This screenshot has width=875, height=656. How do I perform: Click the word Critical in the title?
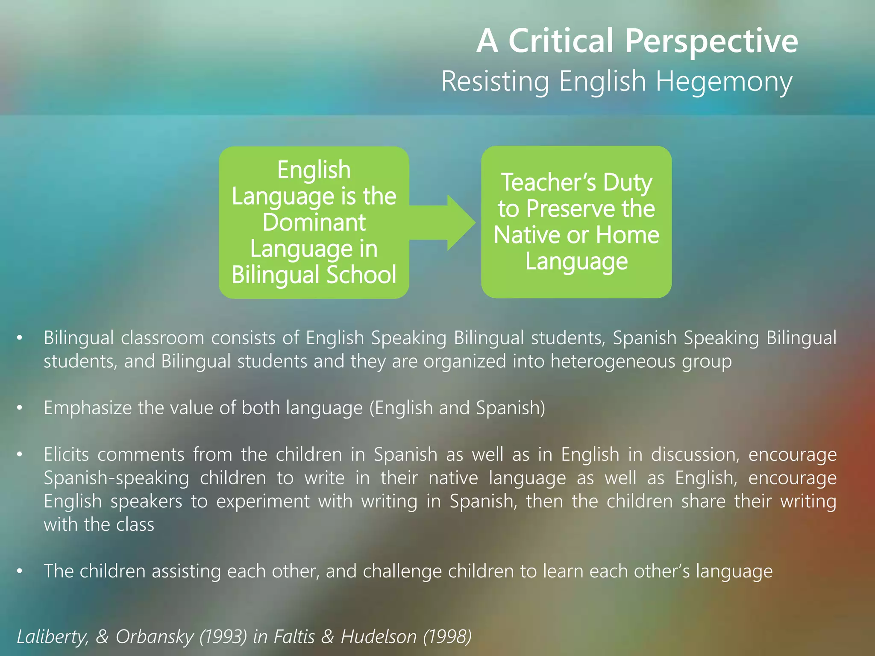561,41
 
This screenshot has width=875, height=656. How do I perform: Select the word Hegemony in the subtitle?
724,82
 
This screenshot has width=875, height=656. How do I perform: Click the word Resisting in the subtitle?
495,81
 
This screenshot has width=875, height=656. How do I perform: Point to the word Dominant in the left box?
314,223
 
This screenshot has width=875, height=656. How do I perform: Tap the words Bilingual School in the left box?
314,275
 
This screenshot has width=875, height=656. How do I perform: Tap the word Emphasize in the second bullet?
88,408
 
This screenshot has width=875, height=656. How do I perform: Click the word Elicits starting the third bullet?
66,454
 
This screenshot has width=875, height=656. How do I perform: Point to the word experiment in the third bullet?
263,501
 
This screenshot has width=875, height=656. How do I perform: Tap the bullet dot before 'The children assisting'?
19,571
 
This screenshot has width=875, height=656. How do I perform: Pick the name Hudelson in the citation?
379,637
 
